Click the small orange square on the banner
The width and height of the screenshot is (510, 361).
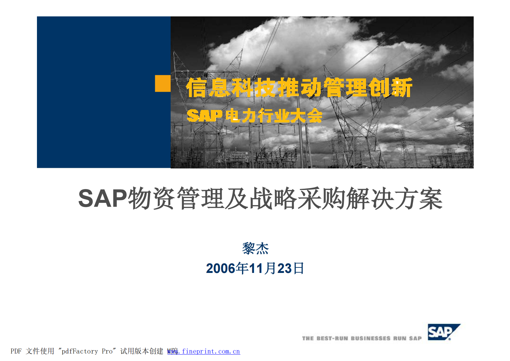pos(163,84)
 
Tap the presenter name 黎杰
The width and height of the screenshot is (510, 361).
pos(255,248)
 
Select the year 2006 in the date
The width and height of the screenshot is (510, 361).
pos(220,268)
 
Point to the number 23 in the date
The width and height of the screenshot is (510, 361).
pos(284,268)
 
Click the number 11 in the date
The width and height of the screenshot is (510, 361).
pos(256,268)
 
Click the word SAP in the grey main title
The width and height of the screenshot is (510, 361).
pos(103,198)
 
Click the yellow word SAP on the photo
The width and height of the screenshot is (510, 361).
pos(204,116)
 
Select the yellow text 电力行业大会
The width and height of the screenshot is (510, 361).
pos(274,116)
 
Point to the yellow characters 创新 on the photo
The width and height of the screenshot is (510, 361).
pos(390,87)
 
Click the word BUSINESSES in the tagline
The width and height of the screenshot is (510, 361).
pos(371,338)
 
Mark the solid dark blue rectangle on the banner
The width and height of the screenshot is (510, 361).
pos(103,92)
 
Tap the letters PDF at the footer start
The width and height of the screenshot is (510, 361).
pos(16,351)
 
